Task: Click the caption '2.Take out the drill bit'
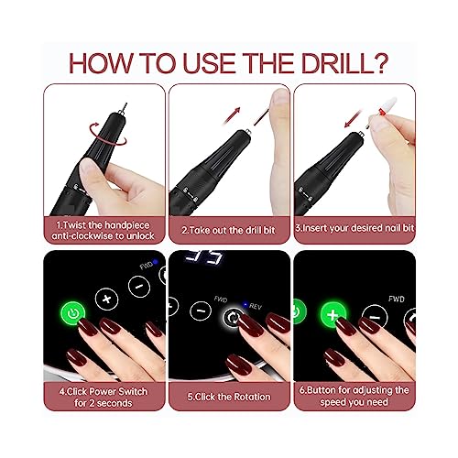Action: pyautogui.click(x=229, y=230)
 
